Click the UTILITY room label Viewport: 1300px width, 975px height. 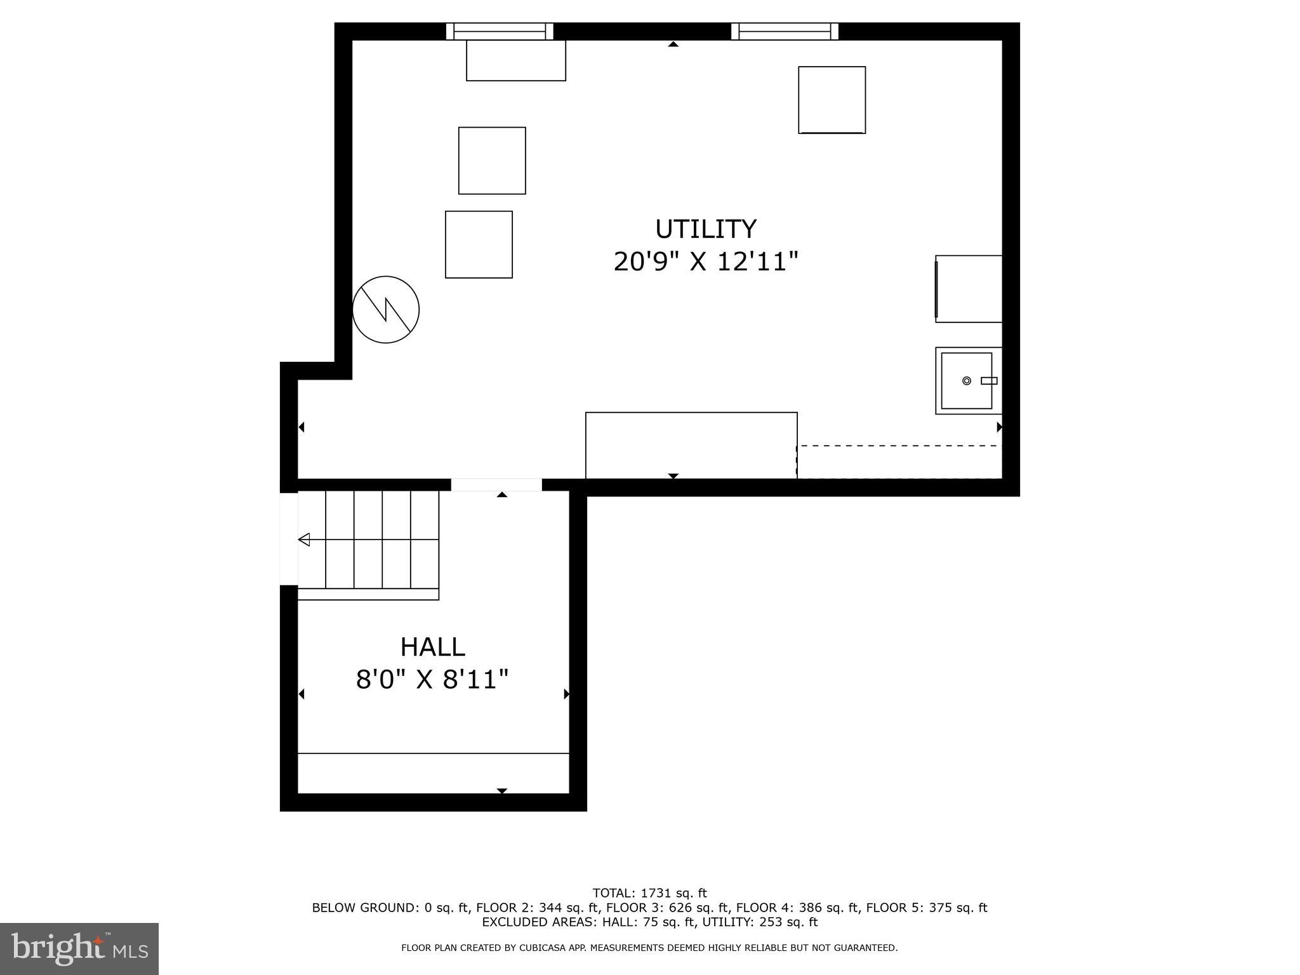(x=705, y=229)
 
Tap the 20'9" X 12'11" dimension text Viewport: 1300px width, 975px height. (x=705, y=262)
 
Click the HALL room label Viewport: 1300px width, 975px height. (x=432, y=647)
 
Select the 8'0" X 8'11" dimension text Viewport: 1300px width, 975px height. (x=432, y=680)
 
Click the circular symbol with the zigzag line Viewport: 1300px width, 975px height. (x=386, y=310)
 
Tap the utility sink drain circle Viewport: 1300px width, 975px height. (x=966, y=381)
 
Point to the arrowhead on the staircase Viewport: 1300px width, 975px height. (x=304, y=540)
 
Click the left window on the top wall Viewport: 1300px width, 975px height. (x=500, y=31)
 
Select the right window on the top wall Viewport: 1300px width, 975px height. (x=785, y=31)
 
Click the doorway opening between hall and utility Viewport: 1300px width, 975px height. (x=496, y=485)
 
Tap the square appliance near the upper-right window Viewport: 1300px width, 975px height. (x=832, y=100)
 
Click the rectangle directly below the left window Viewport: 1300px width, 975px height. (x=515, y=61)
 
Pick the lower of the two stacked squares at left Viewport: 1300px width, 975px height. (x=479, y=244)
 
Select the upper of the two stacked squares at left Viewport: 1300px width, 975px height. (x=492, y=161)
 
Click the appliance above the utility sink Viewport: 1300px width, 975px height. (x=969, y=289)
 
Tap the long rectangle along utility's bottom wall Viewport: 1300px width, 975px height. (x=691, y=445)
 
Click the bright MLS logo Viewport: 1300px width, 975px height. (x=79, y=948)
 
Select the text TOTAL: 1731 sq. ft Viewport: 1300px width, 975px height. (x=649, y=893)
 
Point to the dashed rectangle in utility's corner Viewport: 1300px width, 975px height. (x=899, y=461)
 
